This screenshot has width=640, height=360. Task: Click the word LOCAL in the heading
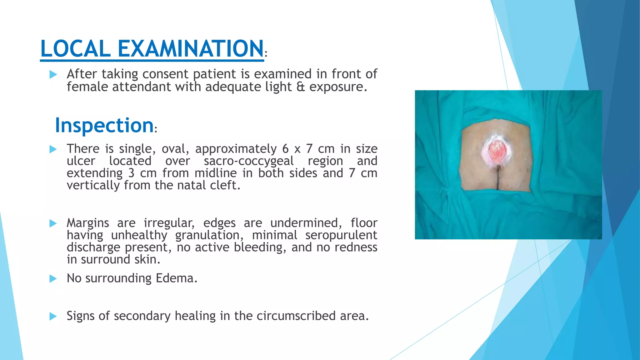coord(75,49)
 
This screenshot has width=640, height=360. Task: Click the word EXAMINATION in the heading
coord(190,49)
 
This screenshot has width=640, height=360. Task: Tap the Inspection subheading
coord(104,125)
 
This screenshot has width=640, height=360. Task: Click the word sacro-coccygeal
coord(248,161)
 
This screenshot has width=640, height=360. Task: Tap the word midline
coord(216,173)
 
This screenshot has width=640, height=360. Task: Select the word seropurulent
coord(341,235)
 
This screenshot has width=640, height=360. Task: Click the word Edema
coord(177,278)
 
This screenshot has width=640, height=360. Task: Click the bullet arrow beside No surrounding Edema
coord(53,278)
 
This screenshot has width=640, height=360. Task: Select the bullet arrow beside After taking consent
coord(53,75)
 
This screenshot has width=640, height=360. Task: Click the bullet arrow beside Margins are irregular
coord(53,223)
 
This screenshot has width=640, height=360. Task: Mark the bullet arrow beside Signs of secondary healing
coord(53,316)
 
